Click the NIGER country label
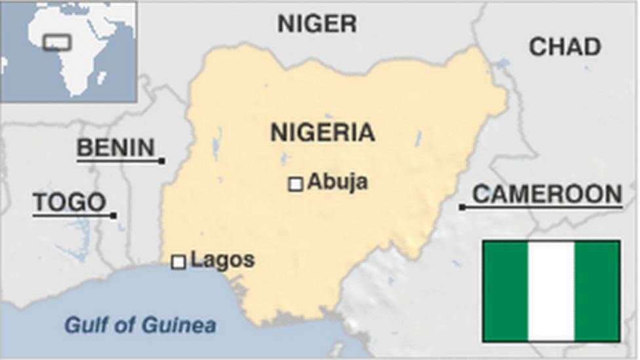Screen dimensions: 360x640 pos(317,24)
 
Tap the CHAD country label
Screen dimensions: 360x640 pos(565,47)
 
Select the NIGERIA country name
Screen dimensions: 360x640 pos(323,132)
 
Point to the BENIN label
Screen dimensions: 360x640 pos(115,148)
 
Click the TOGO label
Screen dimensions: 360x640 pos(69,203)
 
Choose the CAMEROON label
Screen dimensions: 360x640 pos(547,194)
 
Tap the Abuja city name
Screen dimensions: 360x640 pos(337,182)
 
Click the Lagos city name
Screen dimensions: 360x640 pos(222,260)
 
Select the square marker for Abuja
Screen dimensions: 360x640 pos(296,184)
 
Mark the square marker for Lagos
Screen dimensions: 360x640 pos(178,262)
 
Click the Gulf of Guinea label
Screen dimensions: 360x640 pos(140,325)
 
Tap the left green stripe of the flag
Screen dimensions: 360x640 pos(506,291)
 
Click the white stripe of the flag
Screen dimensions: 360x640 pos(551,291)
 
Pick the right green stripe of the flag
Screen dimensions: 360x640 pos(597,291)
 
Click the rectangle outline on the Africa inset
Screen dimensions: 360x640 pos(56,42)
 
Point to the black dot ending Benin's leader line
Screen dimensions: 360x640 pos(162,161)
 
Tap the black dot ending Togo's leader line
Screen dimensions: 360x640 pos(113,215)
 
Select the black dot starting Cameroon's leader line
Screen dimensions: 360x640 pos(462,207)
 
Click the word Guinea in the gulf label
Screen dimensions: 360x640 pos(185,325)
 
